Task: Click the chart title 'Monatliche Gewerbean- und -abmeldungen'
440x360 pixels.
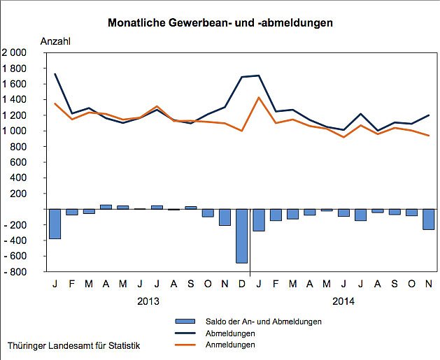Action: tap(220, 22)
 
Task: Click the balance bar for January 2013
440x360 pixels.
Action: tap(55, 224)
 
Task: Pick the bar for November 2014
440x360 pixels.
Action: tap(428, 219)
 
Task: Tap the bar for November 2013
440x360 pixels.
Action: tap(225, 217)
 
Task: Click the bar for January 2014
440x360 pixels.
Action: tap(259, 219)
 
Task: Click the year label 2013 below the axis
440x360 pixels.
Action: tap(148, 301)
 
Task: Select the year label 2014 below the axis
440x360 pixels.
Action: tap(343, 301)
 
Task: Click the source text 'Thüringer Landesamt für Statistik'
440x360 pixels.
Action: tap(73, 346)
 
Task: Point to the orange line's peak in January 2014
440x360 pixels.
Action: tap(259, 98)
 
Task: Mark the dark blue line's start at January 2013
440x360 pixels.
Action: tap(55, 74)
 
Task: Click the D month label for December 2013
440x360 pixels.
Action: tap(242, 283)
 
